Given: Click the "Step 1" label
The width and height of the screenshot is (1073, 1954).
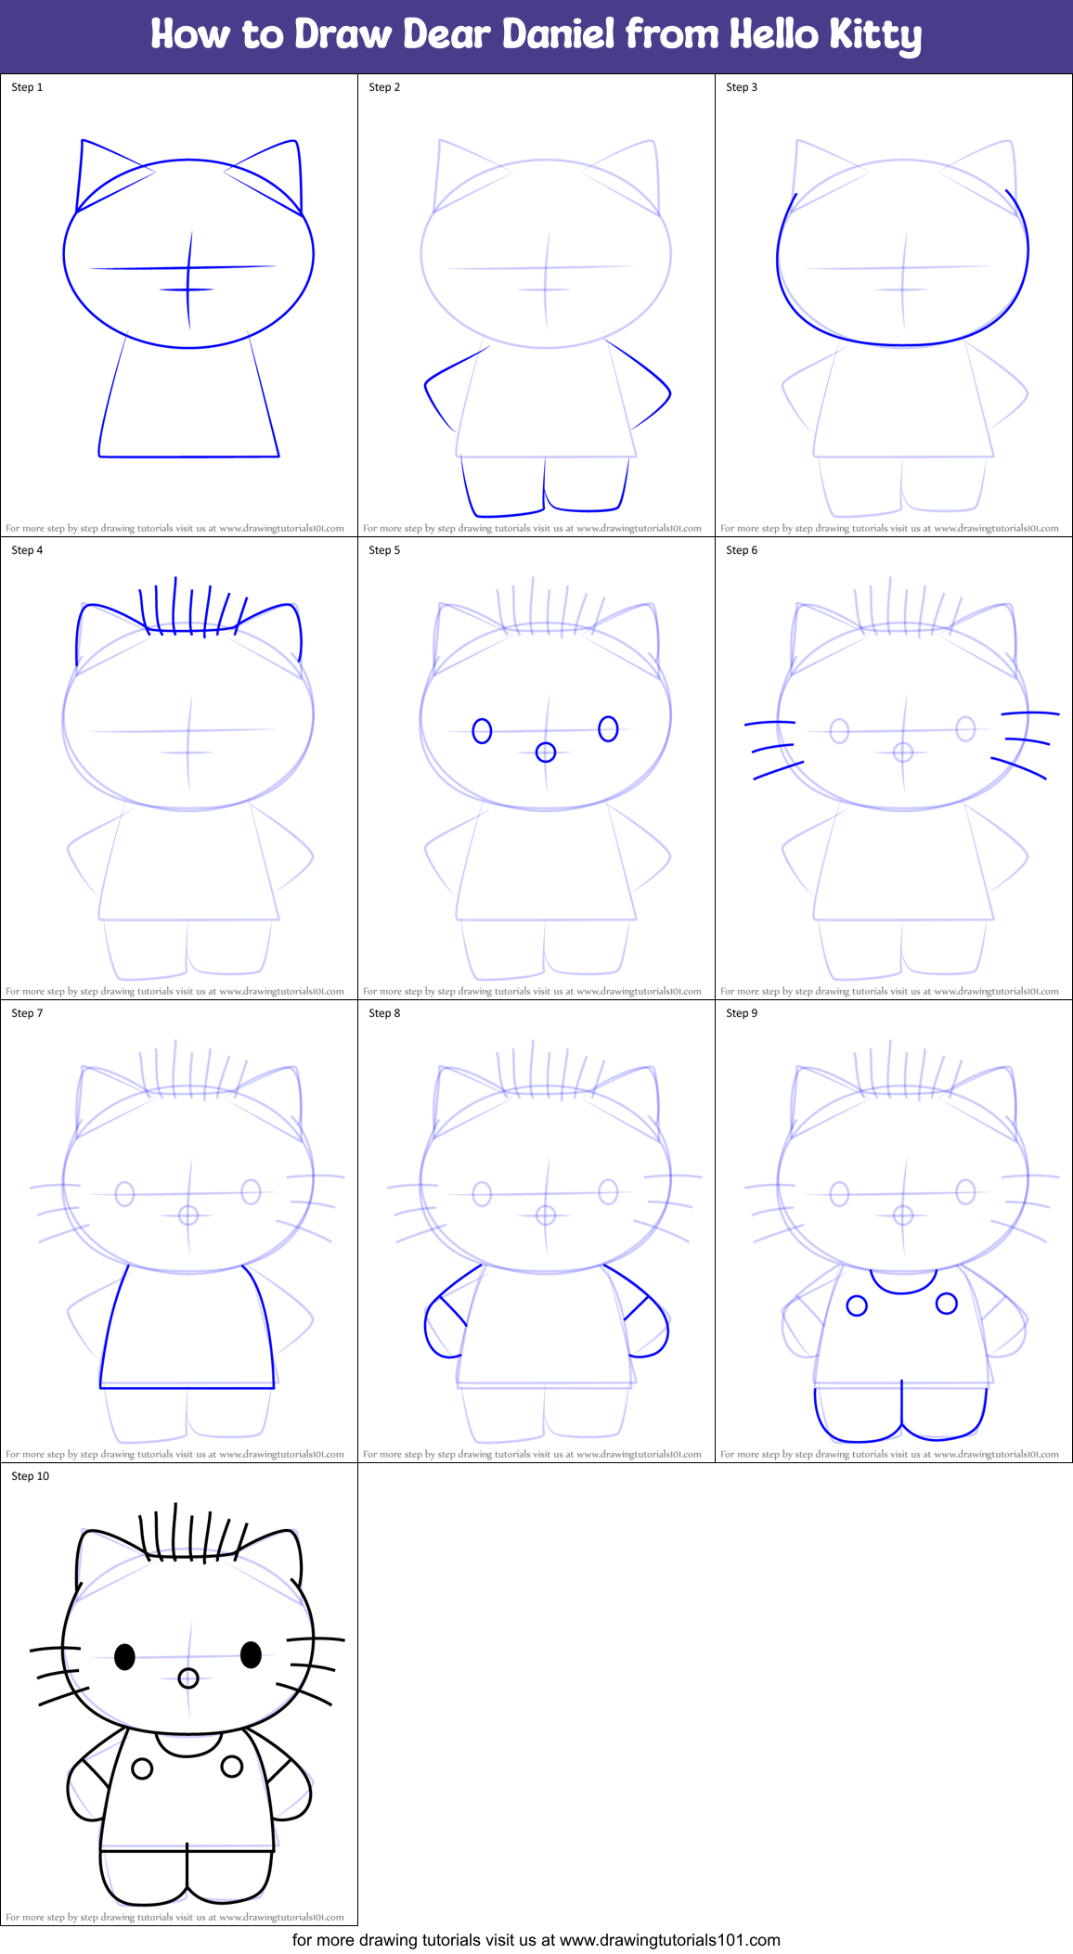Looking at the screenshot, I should (x=27, y=87).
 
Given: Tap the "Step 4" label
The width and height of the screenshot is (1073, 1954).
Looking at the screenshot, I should (x=27, y=550).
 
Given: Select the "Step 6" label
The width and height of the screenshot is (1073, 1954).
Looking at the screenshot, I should (x=742, y=550).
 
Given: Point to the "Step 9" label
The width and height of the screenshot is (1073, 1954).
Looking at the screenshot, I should (x=742, y=1013).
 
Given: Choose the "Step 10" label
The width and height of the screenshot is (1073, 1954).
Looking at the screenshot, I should (x=31, y=1476).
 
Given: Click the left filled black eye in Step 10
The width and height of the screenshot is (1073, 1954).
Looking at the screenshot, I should (x=124, y=1656).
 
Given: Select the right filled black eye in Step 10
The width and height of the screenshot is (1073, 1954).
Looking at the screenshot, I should (x=251, y=1654).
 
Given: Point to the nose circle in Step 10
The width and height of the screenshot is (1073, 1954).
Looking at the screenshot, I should (x=188, y=1678).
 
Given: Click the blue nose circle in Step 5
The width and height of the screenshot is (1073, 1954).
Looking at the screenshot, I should (x=546, y=752).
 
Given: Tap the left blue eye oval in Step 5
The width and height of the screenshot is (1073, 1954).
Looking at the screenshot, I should (x=482, y=731).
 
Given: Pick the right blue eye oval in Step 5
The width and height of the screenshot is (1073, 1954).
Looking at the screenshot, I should (x=608, y=728).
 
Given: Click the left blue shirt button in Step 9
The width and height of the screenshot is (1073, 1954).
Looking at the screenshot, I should (x=857, y=1306).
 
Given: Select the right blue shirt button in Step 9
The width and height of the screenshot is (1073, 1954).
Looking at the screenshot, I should (x=947, y=1304).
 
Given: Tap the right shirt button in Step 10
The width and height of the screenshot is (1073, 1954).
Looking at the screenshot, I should (x=232, y=1767).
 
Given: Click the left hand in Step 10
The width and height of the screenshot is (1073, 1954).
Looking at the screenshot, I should (x=85, y=1791).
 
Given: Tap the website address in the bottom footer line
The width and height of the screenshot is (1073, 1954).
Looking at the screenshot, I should (x=670, y=1940).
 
